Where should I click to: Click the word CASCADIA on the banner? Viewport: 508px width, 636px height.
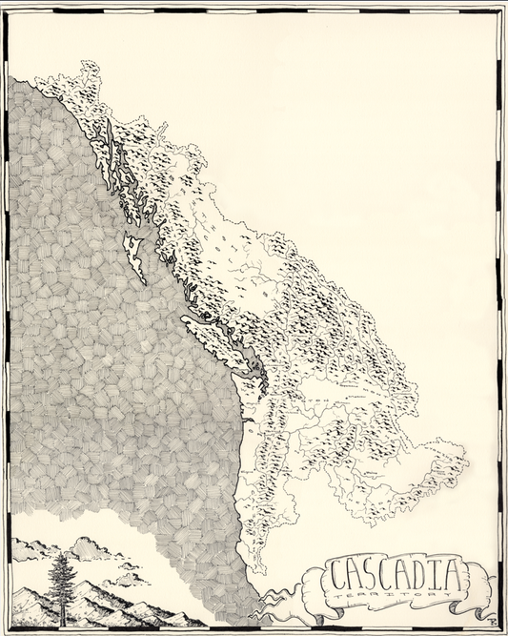point(396,576)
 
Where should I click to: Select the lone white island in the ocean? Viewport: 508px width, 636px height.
point(135,256)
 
